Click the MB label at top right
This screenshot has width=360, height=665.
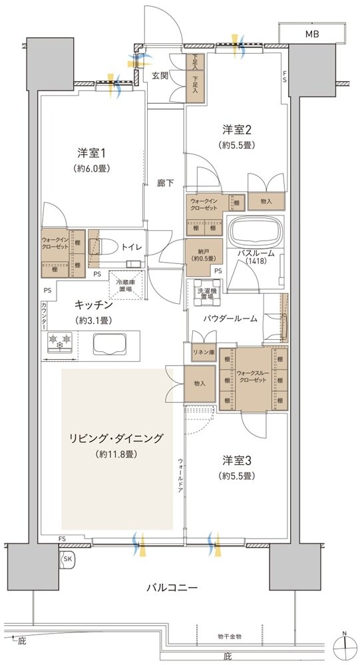[x=311, y=33]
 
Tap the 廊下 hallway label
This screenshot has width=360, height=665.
[x=166, y=182]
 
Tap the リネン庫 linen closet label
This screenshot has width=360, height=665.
[x=202, y=352]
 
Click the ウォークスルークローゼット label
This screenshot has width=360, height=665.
[x=254, y=378]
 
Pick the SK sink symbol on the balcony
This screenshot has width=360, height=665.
[x=67, y=559]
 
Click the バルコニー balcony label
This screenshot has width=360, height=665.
[x=172, y=589]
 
